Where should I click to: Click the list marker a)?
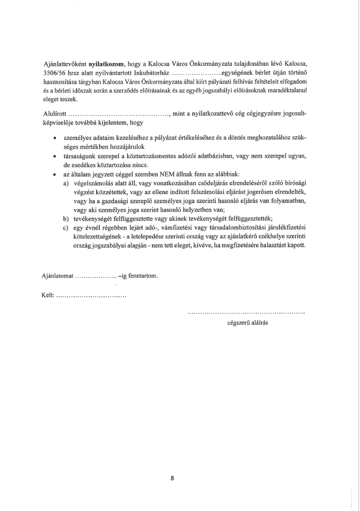tap(65, 183)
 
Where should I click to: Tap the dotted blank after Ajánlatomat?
tap(95, 276)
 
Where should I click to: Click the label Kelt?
tap(48, 296)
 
